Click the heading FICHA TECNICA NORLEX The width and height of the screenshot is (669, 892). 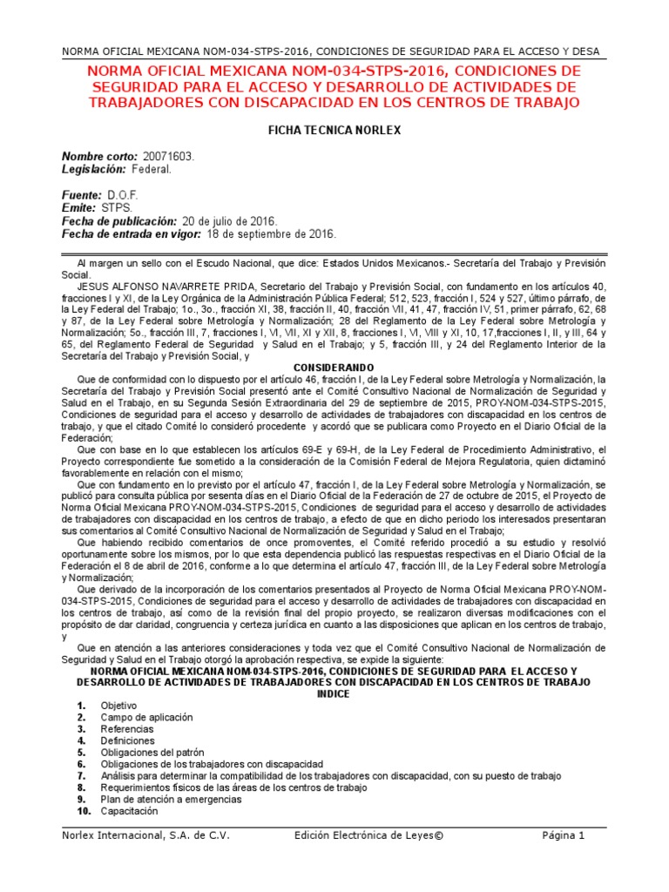334,130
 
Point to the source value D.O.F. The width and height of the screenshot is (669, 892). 123,195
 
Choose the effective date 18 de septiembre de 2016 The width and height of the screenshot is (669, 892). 270,234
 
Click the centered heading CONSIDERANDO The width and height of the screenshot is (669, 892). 334,368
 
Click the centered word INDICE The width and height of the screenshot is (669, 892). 334,694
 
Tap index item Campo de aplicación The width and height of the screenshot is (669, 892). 146,717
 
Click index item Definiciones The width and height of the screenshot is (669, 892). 127,740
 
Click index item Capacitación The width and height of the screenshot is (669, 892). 129,811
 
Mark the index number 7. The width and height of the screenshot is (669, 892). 81,775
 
